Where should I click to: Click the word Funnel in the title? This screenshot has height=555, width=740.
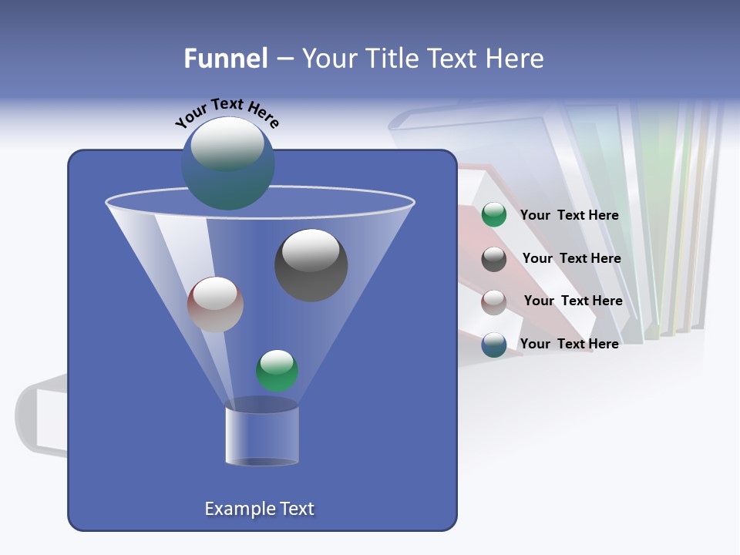[225, 59]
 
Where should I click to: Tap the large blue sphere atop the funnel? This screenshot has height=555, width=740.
[227, 163]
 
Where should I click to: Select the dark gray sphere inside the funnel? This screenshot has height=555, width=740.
[311, 265]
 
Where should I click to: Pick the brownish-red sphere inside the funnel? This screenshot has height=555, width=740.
[215, 304]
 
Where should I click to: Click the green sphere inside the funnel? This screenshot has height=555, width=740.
[277, 371]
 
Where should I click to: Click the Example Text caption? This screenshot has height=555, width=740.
[259, 509]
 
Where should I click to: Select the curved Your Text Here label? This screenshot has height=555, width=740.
[227, 113]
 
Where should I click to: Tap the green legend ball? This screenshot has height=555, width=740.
[494, 215]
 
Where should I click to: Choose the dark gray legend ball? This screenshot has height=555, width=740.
[494, 259]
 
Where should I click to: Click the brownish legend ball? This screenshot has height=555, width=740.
[494, 301]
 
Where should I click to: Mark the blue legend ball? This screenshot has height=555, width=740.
[494, 345]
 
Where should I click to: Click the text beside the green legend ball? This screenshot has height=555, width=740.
[569, 216]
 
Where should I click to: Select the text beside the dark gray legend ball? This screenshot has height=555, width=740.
[571, 259]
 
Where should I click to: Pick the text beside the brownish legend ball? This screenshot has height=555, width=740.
[573, 301]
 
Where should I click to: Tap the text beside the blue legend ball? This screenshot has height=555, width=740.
[569, 345]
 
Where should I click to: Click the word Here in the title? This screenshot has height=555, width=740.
[516, 59]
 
